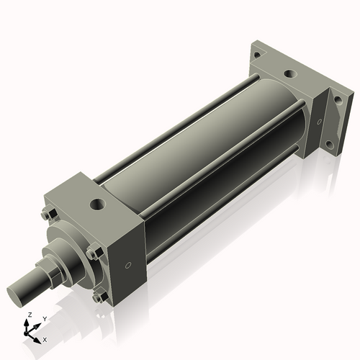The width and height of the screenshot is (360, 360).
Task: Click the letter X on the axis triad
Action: coord(45,338)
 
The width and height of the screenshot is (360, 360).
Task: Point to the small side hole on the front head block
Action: coord(128,265)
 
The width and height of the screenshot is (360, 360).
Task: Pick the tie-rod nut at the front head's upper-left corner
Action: coord(48,213)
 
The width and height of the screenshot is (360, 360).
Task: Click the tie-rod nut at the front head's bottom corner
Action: coord(97,296)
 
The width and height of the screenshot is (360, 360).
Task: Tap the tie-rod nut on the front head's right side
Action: coord(93,252)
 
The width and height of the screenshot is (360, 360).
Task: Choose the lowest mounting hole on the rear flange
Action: coord(329,144)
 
